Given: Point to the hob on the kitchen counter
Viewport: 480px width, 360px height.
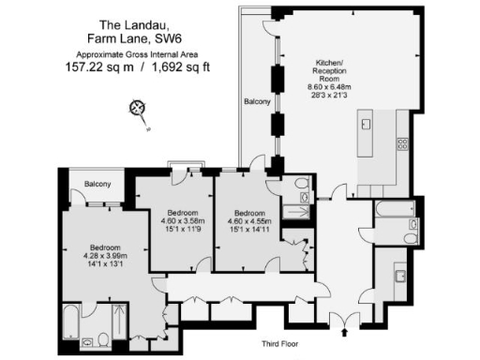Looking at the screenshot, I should [x=403, y=142].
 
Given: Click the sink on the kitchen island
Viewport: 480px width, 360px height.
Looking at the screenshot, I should [x=367, y=124].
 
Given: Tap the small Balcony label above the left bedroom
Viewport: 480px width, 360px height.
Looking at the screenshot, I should [x=97, y=184].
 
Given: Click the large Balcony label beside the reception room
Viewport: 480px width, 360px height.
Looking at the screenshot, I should [x=257, y=100].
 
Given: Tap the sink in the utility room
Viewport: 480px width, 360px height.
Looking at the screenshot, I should [x=398, y=276].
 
